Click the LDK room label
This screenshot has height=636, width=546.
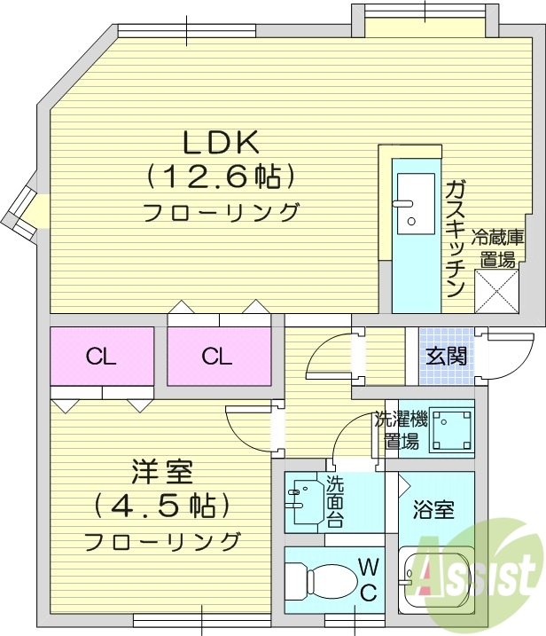221,143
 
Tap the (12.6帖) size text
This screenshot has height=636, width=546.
221,177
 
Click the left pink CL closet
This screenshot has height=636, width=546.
102,357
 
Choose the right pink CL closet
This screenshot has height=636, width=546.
217,357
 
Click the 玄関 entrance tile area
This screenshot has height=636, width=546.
446,357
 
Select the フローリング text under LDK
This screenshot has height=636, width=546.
221,213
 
